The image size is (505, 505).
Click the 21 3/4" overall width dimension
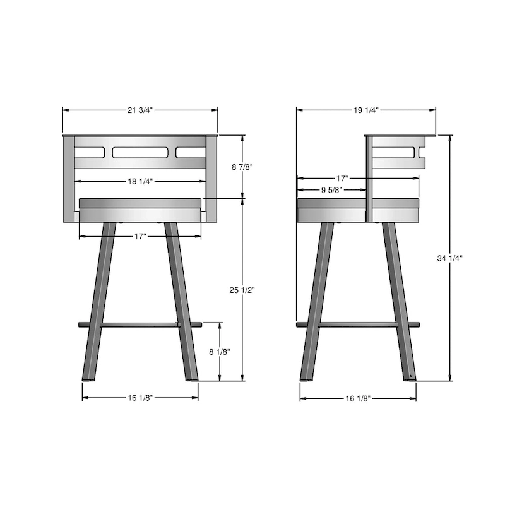(140, 110)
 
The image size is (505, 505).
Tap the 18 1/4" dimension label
(140, 181)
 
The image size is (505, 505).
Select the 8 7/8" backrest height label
(242, 167)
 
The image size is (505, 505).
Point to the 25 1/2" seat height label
(242, 290)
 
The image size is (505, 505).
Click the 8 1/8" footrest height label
(220, 352)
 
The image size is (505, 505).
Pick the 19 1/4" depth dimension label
(366, 110)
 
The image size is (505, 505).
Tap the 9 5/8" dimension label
(331, 189)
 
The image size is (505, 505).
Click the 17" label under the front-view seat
(140, 236)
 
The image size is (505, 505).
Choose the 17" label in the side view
(343, 178)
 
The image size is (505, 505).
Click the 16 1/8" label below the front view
(140, 398)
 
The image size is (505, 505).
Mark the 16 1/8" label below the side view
(357, 398)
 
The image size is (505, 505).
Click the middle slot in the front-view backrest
(140, 152)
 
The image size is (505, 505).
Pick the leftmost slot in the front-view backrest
(89, 152)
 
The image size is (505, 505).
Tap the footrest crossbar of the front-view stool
(140, 324)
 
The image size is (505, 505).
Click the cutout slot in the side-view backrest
(398, 152)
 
